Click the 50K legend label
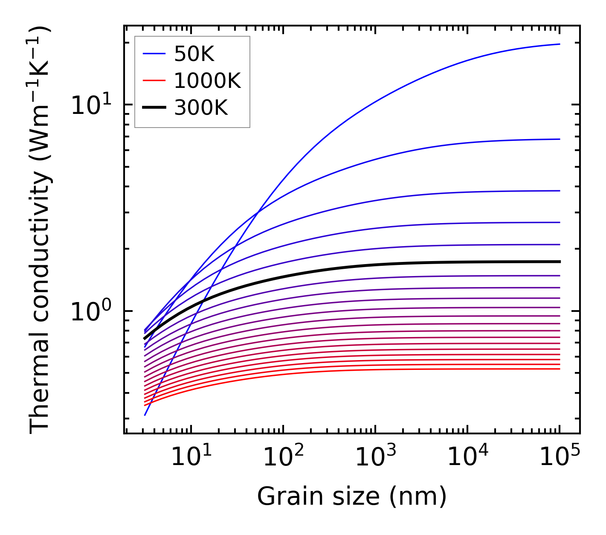[194, 54]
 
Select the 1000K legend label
[207, 81]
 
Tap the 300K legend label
[201, 108]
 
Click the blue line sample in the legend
[154, 54]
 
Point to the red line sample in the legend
[154, 81]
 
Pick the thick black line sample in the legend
[154, 108]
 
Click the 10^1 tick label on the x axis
[191, 456]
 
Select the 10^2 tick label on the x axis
[283, 456]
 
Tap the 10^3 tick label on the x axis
[375, 456]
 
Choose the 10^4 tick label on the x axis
[467, 456]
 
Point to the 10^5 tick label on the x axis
[560, 456]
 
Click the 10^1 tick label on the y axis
[91, 105]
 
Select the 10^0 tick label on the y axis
[91, 311]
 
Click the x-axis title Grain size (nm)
[352, 497]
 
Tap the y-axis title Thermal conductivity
[41, 230]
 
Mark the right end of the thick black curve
[559, 262]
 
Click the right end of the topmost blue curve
[559, 44]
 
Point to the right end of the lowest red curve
[559, 369]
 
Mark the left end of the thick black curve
[145, 339]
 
